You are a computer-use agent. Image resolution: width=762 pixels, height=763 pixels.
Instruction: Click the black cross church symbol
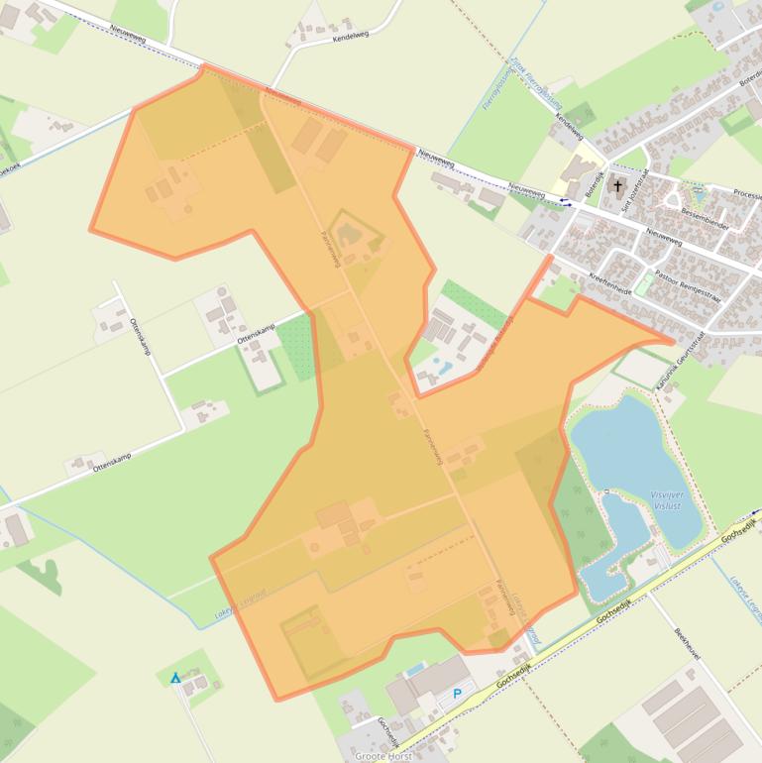pos(618,185)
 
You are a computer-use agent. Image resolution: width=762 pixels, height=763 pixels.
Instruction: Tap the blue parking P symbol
pos(457,694)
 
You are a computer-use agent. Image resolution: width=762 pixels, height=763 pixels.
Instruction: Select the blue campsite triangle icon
pos(175,678)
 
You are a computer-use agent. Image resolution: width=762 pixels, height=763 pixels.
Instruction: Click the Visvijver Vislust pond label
pos(666,498)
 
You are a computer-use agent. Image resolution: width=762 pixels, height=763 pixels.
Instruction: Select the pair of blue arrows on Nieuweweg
pos(565,201)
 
